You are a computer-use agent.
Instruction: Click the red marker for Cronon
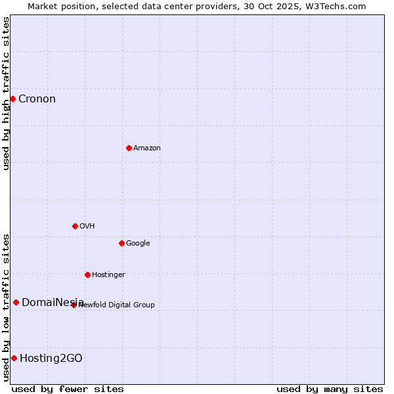(12, 98)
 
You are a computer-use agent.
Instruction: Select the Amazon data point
(129, 148)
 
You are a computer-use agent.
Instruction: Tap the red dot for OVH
(75, 226)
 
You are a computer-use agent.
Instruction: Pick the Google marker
(121, 243)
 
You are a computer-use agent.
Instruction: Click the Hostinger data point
(87, 274)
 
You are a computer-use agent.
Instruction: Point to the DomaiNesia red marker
(16, 302)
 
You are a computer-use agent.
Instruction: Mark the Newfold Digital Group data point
(74, 305)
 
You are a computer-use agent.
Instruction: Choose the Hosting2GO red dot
(14, 358)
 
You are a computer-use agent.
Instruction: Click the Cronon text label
(37, 99)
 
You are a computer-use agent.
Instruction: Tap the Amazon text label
(147, 148)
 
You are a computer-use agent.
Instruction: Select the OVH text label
(87, 227)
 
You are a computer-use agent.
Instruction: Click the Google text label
(138, 244)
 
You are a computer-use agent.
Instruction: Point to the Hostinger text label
(108, 275)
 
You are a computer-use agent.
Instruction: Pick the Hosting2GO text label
(51, 359)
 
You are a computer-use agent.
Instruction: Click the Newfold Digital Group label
(117, 305)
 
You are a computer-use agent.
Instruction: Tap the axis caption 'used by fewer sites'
(68, 389)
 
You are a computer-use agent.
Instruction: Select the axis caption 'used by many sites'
(330, 389)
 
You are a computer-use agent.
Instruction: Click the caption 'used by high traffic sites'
(7, 93)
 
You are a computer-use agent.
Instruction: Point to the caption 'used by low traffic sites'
(7, 307)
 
